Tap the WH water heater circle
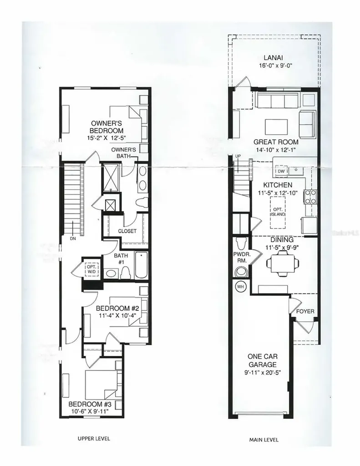pos(240,287)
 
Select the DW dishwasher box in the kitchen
pos(281,171)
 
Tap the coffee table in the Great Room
pos(276,125)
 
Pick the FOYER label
pos(305,311)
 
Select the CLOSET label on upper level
pos(127,231)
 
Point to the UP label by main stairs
pos(237,156)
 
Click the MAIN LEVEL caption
pos(264,440)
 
